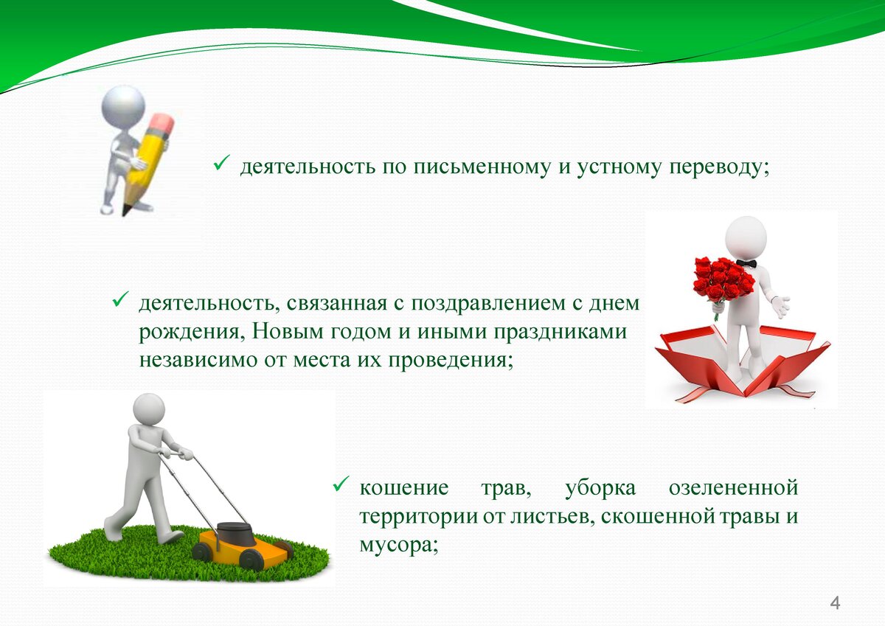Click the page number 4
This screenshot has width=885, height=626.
(x=835, y=603)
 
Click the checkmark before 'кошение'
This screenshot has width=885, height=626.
(x=341, y=484)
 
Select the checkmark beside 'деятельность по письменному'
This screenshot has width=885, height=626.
(x=222, y=162)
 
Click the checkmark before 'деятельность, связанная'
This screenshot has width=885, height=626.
(x=120, y=299)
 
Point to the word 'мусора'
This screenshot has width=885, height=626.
(x=399, y=546)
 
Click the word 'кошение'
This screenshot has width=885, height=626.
(x=404, y=487)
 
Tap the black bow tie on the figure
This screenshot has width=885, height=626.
(x=746, y=263)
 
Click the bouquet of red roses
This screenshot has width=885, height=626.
(x=723, y=279)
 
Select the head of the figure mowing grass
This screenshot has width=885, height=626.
(x=149, y=409)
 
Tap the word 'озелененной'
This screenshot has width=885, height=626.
(x=733, y=487)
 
